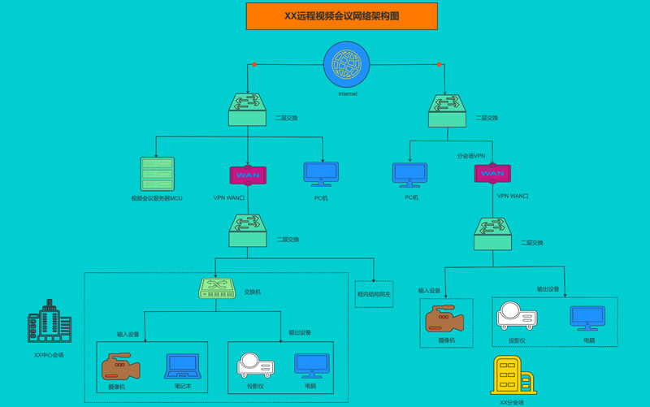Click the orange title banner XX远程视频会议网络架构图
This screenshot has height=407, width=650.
click(x=341, y=16)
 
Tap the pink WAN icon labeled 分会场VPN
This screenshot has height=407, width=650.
click(x=492, y=174)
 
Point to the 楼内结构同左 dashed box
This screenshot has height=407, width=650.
click(x=374, y=293)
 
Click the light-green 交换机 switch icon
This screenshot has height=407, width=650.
click(x=217, y=288)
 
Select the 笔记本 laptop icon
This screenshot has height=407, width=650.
click(x=182, y=366)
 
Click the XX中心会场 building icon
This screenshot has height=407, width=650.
click(x=50, y=323)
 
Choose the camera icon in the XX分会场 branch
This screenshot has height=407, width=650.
click(x=444, y=319)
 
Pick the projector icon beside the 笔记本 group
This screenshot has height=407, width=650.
click(x=255, y=366)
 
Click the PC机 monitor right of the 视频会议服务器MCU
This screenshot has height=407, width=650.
click(x=321, y=175)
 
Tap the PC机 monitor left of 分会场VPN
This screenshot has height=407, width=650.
click(x=410, y=175)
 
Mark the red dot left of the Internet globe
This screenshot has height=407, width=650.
click(x=254, y=64)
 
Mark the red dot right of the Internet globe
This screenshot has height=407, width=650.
click(x=440, y=64)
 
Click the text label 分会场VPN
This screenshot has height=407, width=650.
click(x=470, y=156)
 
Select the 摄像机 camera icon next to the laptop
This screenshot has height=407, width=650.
click(x=121, y=366)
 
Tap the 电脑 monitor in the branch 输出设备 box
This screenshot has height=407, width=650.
click(x=587, y=318)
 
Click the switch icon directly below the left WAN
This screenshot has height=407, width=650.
click(x=248, y=231)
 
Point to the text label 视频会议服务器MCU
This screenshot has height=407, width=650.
click(x=157, y=198)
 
